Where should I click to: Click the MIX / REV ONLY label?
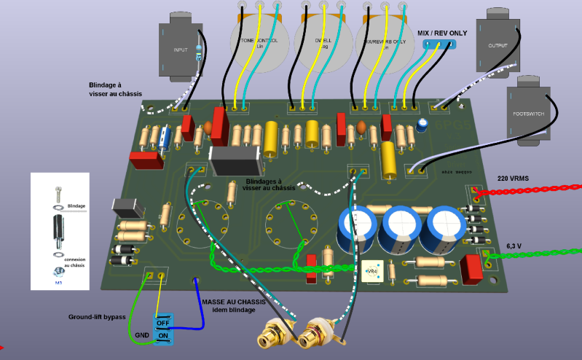point(442,33)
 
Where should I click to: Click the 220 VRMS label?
point(513,178)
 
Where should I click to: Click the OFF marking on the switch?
point(162,322)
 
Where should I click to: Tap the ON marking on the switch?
point(162,336)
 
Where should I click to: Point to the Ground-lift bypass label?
point(97,317)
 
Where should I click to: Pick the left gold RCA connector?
point(270,337)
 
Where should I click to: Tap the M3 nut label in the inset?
point(59,283)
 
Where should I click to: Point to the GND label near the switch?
point(142,335)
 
